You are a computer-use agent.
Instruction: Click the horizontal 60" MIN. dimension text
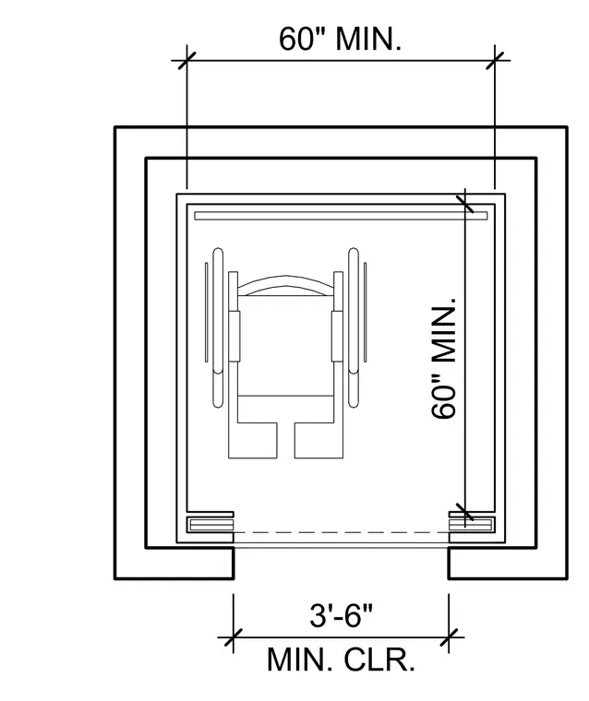[340, 39]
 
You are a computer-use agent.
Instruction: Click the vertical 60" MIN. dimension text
[443, 359]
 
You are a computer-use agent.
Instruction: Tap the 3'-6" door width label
[341, 615]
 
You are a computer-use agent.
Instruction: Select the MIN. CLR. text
[341, 659]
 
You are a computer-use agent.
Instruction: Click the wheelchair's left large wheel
[218, 327]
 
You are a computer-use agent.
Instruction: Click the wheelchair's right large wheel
[354, 327]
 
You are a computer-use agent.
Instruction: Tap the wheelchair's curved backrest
[285, 285]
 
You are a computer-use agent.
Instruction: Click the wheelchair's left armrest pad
[235, 336]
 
